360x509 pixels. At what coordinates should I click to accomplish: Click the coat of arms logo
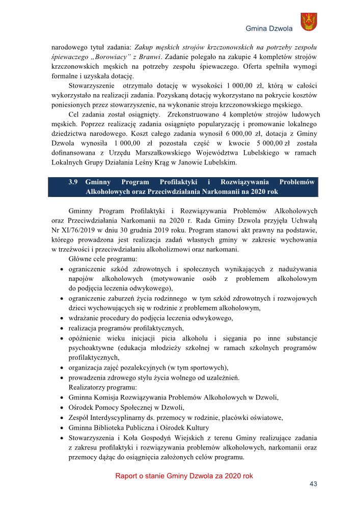tap(309, 21)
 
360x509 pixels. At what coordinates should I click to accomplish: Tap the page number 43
tap(313, 484)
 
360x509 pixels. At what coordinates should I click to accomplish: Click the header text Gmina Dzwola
tap(269, 29)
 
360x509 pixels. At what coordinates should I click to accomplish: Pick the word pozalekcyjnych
tap(140, 367)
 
